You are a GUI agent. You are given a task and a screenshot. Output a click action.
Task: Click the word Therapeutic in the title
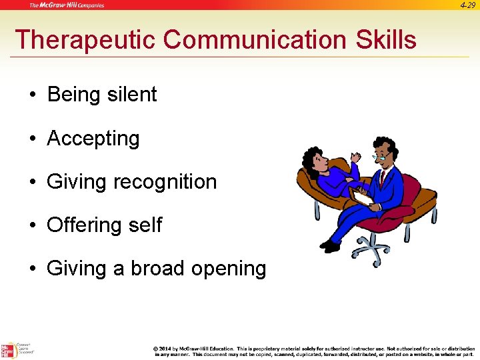pos(85,40)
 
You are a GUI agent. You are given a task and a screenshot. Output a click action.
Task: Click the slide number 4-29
pos(467,5)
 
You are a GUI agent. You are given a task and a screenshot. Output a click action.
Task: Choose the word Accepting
pos(93,139)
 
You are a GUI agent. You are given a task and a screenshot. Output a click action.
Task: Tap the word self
pos(146,225)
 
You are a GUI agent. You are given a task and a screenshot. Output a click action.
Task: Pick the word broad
pos(158,268)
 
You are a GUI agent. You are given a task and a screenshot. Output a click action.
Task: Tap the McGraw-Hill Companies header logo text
pos(66,5)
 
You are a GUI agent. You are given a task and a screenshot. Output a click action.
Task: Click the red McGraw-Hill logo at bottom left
pos(7,351)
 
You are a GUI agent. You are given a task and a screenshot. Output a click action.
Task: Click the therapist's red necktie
pos(382,179)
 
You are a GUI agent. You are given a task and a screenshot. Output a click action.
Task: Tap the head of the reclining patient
pos(313,160)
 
